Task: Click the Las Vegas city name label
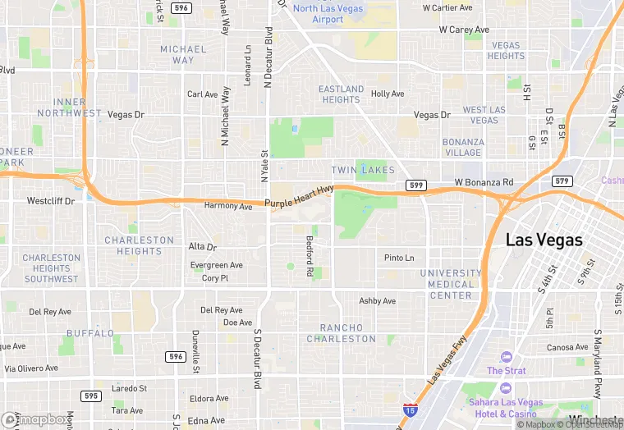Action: pos(544,240)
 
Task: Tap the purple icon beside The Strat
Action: pos(506,356)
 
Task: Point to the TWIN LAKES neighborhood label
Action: pos(363,170)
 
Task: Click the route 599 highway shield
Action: pos(415,186)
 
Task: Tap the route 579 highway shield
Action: pos(562,181)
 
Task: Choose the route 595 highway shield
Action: pos(91,396)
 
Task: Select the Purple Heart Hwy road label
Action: pos(299,197)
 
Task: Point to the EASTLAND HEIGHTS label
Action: pos(341,94)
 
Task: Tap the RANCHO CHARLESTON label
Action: pos(342,333)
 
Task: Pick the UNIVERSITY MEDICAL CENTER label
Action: pos(451,284)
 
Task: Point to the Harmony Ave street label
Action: pos(227,206)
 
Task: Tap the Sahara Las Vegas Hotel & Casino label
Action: pos(506,408)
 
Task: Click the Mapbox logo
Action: pos(36,419)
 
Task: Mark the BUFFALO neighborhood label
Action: pos(90,333)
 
